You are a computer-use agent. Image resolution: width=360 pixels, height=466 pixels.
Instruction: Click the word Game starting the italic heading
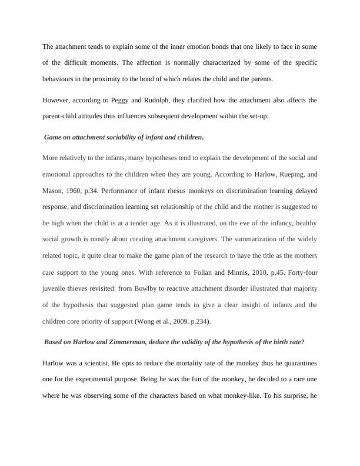[x=54, y=137]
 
